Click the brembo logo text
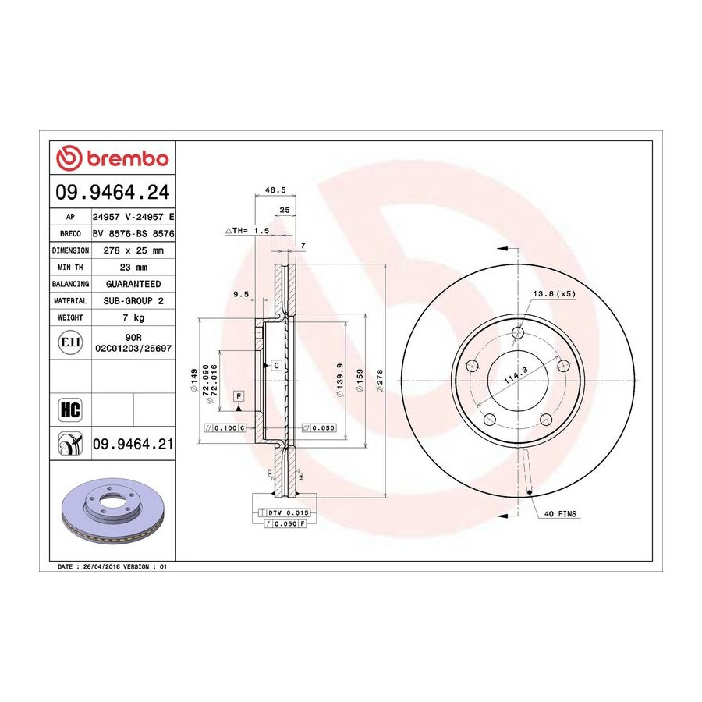pos(128,159)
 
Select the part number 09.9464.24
pos(113,192)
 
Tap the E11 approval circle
pos(70,342)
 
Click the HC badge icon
pos(70,409)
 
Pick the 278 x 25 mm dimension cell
pos(133,250)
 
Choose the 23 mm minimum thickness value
pos(133,268)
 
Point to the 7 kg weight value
pos(133,318)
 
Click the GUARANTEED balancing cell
pos(133,284)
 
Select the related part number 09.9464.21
pos(133,444)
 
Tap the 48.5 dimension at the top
pos(275,190)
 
